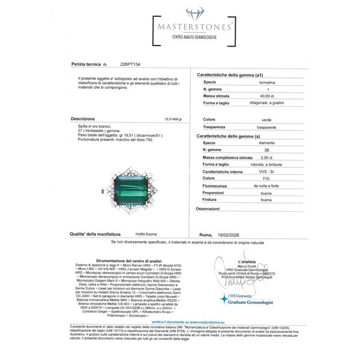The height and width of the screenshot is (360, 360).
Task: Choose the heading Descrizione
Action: point(82,119)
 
